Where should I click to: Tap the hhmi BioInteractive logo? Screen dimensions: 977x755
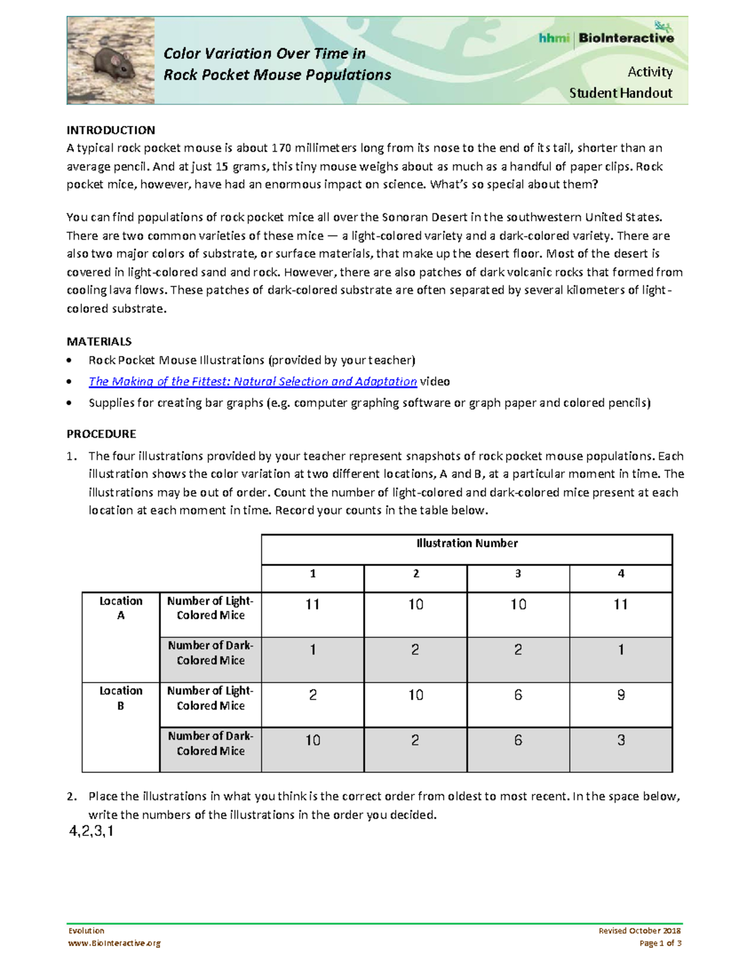click(x=606, y=37)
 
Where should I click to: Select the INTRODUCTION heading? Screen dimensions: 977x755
click(x=111, y=130)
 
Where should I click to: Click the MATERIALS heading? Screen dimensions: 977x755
click(x=99, y=342)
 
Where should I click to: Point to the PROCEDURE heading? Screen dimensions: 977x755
click(x=101, y=434)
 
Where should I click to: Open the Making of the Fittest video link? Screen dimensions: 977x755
click(x=252, y=382)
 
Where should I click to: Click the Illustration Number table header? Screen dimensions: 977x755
click(x=467, y=544)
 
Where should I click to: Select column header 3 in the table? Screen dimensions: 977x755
click(x=518, y=574)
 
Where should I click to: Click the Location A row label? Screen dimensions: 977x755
click(x=120, y=608)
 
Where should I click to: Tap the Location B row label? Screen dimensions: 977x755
click(x=120, y=698)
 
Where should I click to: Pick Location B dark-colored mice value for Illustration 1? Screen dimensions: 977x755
click(x=313, y=740)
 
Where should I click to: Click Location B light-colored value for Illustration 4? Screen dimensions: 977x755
click(x=620, y=695)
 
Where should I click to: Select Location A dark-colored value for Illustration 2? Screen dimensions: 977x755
click(x=415, y=650)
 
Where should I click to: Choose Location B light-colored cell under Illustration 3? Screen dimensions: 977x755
click(x=518, y=695)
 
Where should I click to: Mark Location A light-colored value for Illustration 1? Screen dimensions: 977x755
click(x=313, y=605)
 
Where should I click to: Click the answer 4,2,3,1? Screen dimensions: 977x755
click(x=91, y=832)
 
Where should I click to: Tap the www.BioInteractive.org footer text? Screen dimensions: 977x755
click(x=114, y=943)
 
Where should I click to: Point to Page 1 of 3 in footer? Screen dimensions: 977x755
click(x=660, y=943)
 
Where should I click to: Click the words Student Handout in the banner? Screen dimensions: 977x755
click(x=620, y=93)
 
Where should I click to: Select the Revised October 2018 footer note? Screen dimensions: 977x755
click(x=639, y=930)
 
